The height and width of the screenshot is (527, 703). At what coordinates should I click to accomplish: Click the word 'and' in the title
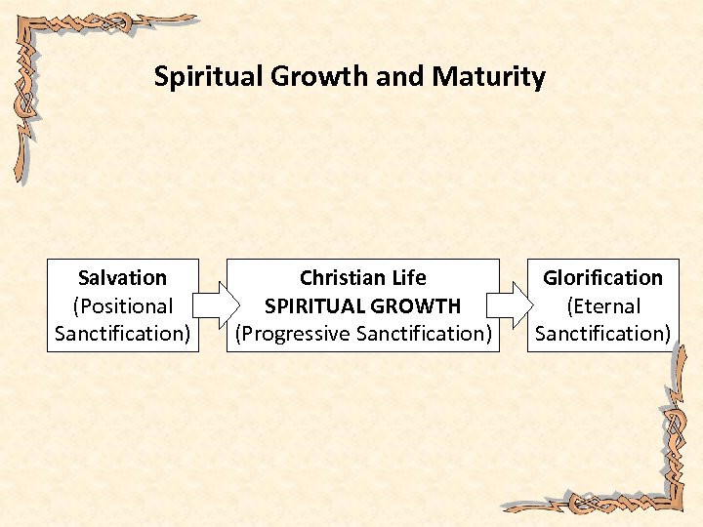click(x=397, y=77)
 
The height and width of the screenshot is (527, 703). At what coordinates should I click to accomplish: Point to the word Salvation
click(x=122, y=278)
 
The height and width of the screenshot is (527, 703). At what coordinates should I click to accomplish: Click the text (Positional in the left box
click(x=122, y=305)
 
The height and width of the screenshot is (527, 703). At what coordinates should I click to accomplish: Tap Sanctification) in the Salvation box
click(x=122, y=334)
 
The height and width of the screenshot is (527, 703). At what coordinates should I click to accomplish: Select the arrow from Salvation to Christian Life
click(x=213, y=305)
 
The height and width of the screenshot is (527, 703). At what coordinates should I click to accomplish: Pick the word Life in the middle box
click(x=407, y=278)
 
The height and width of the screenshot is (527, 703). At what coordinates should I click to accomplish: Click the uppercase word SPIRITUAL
click(x=311, y=305)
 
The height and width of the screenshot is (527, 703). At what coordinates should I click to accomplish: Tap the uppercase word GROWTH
click(x=413, y=305)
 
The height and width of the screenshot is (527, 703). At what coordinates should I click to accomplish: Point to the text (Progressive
click(x=293, y=334)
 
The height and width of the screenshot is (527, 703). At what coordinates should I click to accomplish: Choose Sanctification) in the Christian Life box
click(x=424, y=334)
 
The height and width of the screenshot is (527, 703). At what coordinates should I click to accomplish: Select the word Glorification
click(x=602, y=278)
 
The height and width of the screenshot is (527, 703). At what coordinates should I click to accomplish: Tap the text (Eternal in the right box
click(x=602, y=305)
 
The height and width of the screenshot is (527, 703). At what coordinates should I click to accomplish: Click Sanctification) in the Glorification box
click(x=602, y=334)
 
